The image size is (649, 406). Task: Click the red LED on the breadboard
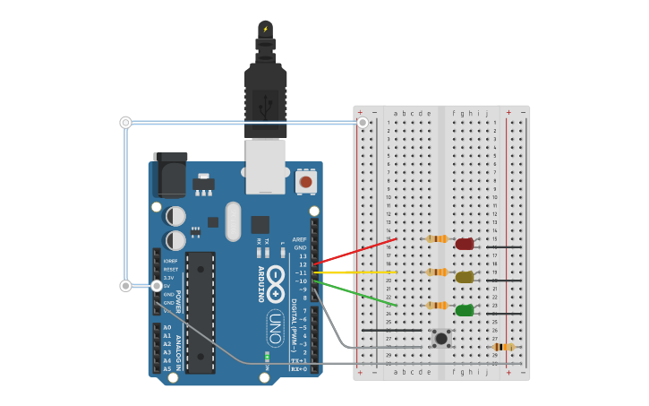(x=464, y=243)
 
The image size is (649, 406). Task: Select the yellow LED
(x=464, y=277)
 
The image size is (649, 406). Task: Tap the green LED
(x=464, y=310)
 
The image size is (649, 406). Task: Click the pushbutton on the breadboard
(x=440, y=338)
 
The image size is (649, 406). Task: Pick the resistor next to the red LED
(x=437, y=238)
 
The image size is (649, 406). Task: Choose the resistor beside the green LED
(x=437, y=305)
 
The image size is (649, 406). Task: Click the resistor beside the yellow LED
(x=437, y=272)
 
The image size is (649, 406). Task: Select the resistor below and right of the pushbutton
(x=503, y=347)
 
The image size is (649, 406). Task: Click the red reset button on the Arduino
(x=305, y=182)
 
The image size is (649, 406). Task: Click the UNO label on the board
(x=275, y=321)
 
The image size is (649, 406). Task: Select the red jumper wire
(x=354, y=252)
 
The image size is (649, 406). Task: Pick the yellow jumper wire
(x=354, y=272)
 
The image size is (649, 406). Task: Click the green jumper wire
(x=354, y=291)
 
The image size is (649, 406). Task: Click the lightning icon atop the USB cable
(x=265, y=29)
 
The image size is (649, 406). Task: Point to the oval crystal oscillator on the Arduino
(x=234, y=220)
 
